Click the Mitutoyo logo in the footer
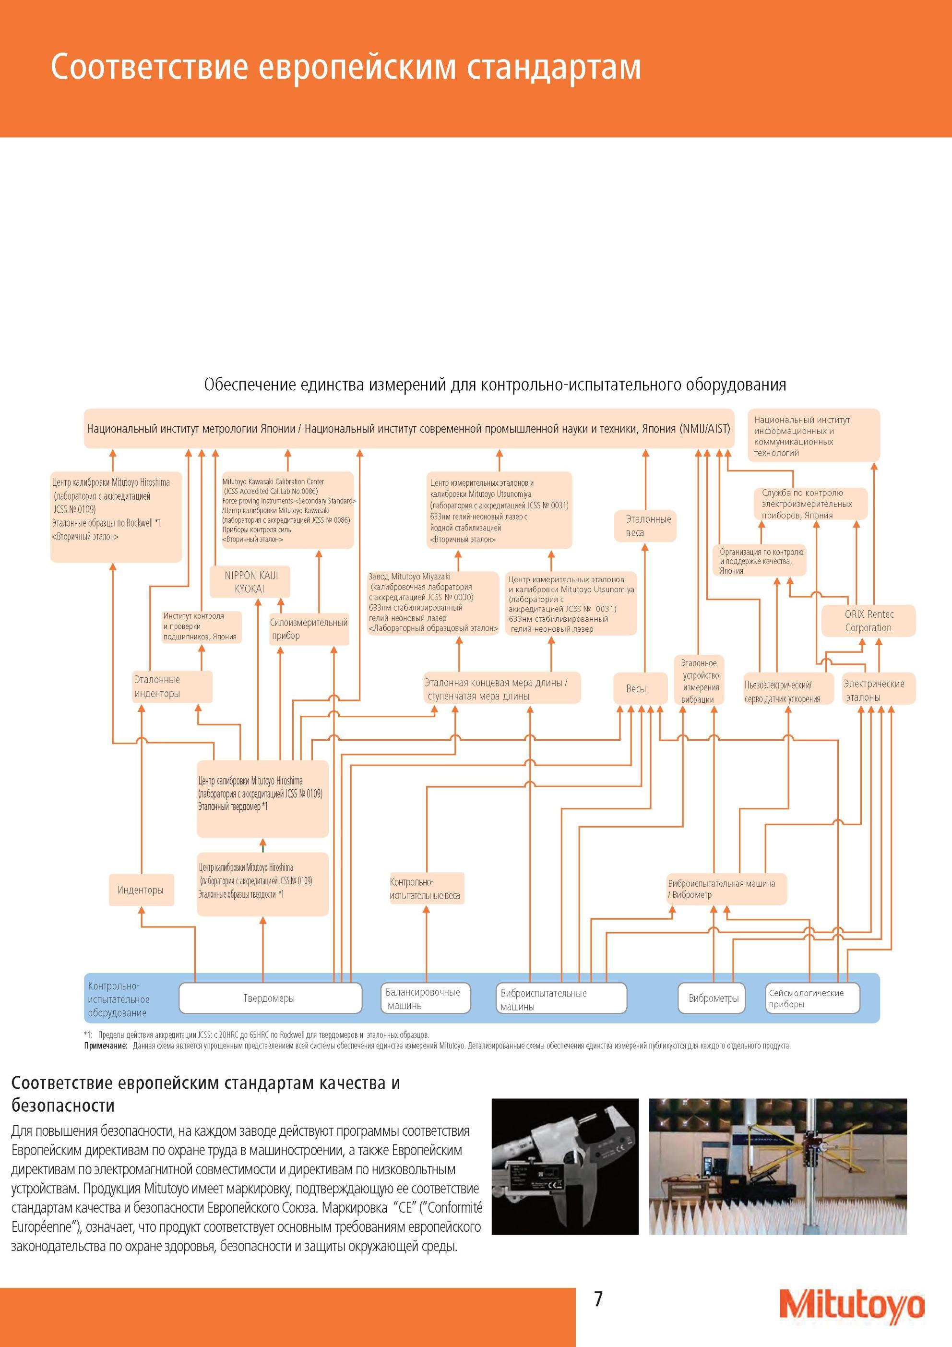(852, 1304)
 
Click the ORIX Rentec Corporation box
(868, 621)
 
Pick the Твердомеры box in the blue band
(270, 998)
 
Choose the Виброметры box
(712, 998)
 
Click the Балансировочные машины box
(425, 998)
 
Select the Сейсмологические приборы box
(812, 998)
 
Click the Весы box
(640, 688)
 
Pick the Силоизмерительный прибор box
(309, 629)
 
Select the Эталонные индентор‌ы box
(172, 686)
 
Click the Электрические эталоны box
(879, 690)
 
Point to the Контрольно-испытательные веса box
(427, 889)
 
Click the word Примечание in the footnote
(106, 1046)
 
